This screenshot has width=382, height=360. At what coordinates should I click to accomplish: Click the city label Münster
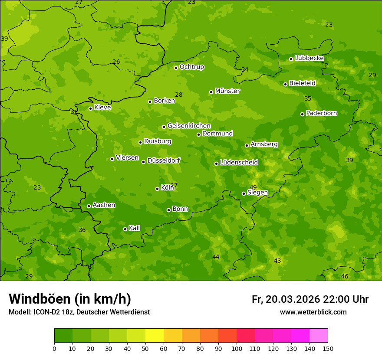(x=227, y=91)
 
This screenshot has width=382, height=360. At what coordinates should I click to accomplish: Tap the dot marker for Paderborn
(x=302, y=114)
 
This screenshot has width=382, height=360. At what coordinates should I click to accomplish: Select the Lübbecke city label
(x=309, y=58)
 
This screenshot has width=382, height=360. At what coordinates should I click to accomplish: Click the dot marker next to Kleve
(x=90, y=108)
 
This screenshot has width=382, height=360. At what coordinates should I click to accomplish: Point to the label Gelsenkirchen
(x=189, y=126)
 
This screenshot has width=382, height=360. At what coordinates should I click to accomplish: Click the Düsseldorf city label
(x=164, y=160)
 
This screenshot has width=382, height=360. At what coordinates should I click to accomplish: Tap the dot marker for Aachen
(x=89, y=206)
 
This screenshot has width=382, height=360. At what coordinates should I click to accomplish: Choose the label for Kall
(x=135, y=228)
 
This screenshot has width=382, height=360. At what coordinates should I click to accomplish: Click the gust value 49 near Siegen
(x=253, y=187)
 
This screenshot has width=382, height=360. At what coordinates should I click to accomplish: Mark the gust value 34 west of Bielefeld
(x=245, y=69)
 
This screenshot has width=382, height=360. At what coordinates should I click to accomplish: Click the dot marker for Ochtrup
(x=176, y=68)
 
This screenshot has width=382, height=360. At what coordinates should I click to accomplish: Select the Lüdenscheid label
(x=239, y=163)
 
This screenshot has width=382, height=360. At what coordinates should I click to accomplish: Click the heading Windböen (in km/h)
(x=69, y=299)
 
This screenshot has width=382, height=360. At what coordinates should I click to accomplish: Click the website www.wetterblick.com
(x=313, y=312)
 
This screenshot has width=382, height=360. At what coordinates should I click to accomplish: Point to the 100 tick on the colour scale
(x=237, y=348)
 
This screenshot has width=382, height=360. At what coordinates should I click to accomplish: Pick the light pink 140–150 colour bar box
(x=319, y=336)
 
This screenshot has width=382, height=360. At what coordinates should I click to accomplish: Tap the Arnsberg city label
(x=264, y=144)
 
